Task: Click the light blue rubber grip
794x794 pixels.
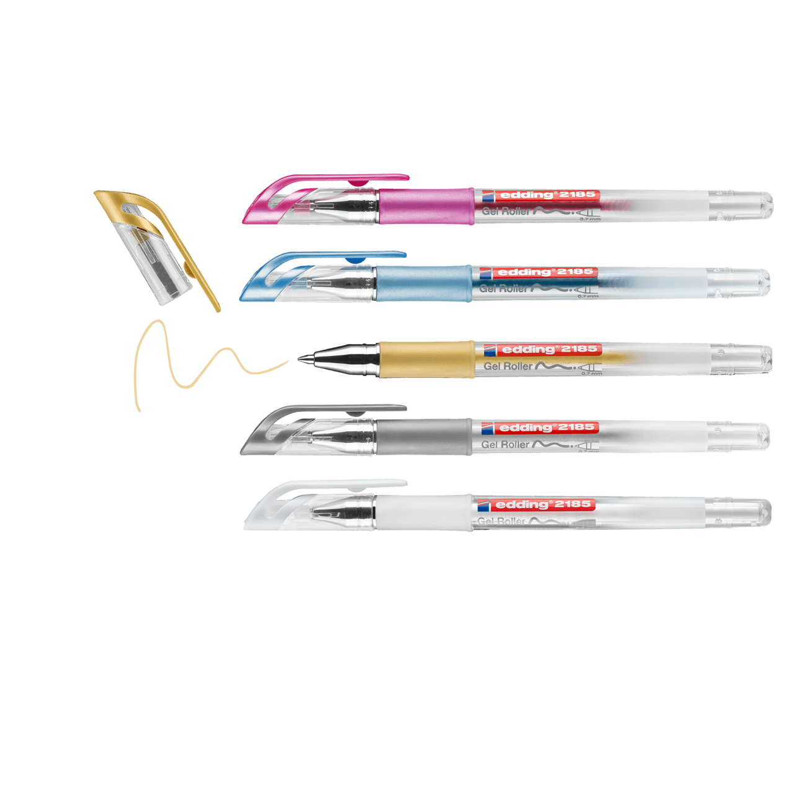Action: pyautogui.click(x=423, y=283)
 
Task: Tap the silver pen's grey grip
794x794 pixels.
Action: pyautogui.click(x=423, y=437)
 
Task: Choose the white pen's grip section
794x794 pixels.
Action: pyautogui.click(x=423, y=514)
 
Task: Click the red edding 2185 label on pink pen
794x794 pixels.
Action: pyautogui.click(x=540, y=195)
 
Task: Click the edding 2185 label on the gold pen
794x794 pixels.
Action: pyautogui.click(x=542, y=350)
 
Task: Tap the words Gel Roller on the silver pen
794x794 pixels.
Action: pyautogui.click(x=505, y=445)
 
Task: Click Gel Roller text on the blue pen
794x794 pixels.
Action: pyautogui.click(x=503, y=288)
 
